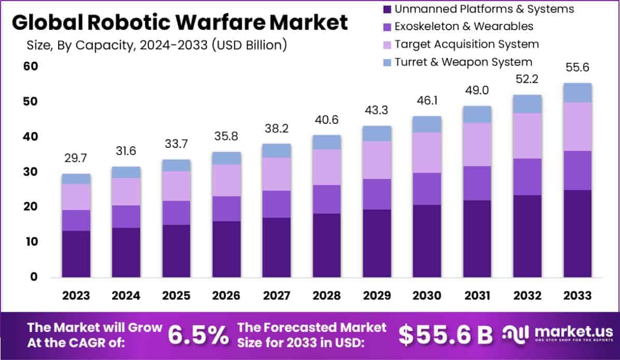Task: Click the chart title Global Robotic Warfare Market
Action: [180, 23]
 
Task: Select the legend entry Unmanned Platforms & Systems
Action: [484, 9]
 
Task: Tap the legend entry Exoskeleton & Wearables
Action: [463, 26]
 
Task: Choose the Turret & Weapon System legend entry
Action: [463, 62]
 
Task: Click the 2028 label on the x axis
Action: [326, 296]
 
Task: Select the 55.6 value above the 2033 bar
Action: [577, 68]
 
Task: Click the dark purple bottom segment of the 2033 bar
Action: [577, 233]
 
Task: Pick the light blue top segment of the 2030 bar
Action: [426, 124]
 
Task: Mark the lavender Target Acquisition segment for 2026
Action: [226, 180]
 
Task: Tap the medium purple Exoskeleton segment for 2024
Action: [126, 216]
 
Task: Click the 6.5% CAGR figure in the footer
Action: [198, 336]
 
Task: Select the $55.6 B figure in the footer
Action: [446, 336]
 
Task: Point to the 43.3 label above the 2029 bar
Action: [377, 110]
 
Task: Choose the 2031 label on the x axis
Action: [477, 296]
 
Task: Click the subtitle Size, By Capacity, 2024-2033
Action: [156, 45]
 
